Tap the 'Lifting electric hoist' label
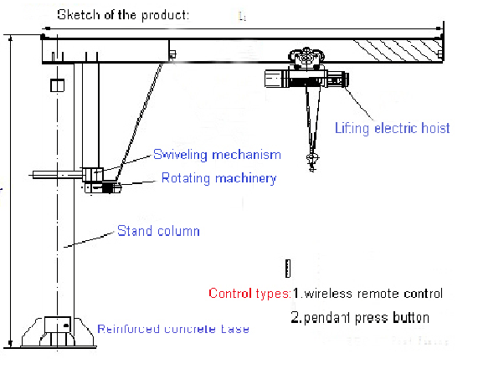[392, 128]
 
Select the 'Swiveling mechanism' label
[216, 155]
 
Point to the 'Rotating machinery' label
[218, 177]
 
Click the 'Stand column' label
[157, 230]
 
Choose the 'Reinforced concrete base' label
[172, 329]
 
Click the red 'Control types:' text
[249, 294]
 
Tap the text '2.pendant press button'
[360, 318]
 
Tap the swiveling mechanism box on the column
[93, 173]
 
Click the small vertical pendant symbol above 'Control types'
[286, 268]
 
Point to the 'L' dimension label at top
[242, 16]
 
